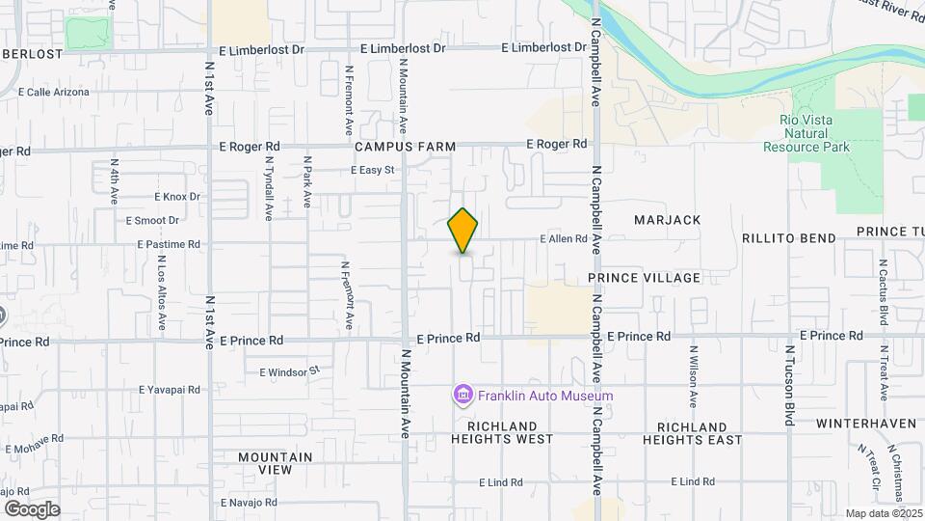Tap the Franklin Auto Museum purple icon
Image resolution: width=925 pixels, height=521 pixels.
pos(462,395)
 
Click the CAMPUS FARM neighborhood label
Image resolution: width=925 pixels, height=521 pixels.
pos(405,147)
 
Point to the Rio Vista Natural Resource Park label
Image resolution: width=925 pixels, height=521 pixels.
pos(806,133)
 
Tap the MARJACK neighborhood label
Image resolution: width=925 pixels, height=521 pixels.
pos(667,220)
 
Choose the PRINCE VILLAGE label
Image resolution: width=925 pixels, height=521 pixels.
pos(645,278)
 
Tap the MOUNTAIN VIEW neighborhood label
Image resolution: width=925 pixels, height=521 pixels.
pos(275,463)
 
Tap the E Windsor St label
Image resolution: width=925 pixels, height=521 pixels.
pos(289,370)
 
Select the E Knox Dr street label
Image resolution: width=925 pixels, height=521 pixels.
pos(176,196)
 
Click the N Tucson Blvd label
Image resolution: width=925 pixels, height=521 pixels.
pos(789,374)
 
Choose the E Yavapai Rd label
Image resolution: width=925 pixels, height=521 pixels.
pos(170,390)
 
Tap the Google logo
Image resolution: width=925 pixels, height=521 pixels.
pos(32,508)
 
